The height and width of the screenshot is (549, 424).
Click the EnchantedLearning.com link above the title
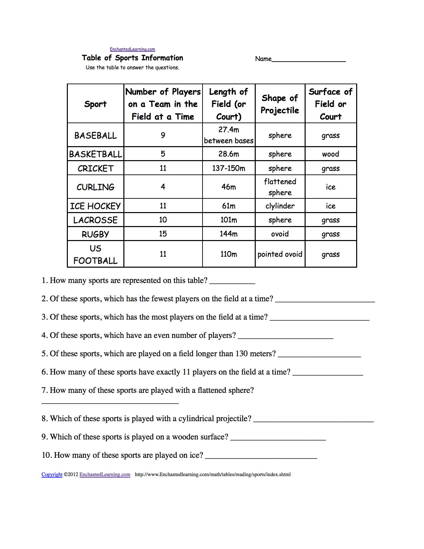pyautogui.click(x=132, y=49)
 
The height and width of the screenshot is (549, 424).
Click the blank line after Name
pyautogui.click(x=309, y=59)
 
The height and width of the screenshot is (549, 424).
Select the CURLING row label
pyautogui.click(x=95, y=187)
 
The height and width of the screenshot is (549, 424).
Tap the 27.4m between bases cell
pyautogui.click(x=229, y=135)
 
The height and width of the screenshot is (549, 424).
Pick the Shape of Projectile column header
pyautogui.click(x=280, y=104)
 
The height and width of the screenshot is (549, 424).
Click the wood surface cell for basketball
pyautogui.click(x=331, y=154)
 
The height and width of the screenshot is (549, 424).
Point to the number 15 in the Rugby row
pyautogui.click(x=163, y=234)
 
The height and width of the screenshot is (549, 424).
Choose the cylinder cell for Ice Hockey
pyautogui.click(x=280, y=206)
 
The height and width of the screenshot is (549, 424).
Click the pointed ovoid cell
pyautogui.click(x=280, y=254)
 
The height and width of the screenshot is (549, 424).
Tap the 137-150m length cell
pyautogui.click(x=229, y=168)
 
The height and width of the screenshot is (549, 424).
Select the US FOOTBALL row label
pyautogui.click(x=95, y=254)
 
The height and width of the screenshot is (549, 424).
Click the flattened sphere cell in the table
pyautogui.click(x=280, y=187)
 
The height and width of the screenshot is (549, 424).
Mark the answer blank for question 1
pyautogui.click(x=232, y=281)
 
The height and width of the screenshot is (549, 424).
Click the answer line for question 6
pyautogui.click(x=328, y=373)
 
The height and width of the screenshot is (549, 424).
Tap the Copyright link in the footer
pyautogui.click(x=52, y=474)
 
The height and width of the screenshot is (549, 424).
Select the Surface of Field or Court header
pyautogui.click(x=331, y=104)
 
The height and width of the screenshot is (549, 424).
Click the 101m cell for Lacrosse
pyautogui.click(x=229, y=220)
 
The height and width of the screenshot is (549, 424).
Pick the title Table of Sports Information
pyautogui.click(x=132, y=58)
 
